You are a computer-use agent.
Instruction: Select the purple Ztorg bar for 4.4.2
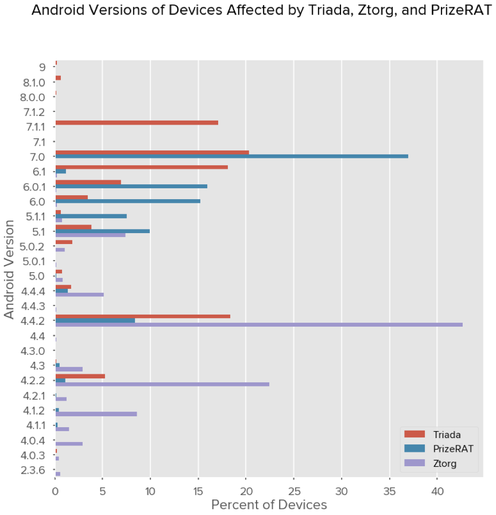pos(259,325)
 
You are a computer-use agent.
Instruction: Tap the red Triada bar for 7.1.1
pos(137,122)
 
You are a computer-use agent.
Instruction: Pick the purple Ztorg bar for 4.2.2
pos(162,384)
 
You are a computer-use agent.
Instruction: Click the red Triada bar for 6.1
pos(142,167)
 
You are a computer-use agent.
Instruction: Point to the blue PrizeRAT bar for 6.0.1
pos(131,186)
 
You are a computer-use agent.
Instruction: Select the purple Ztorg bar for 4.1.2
pos(96,414)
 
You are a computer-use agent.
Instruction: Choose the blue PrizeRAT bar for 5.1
pos(103,231)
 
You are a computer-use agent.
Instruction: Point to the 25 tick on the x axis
pos(293,491)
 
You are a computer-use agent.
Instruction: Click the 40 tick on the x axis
pos(437,491)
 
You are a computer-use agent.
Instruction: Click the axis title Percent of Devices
pos(269,505)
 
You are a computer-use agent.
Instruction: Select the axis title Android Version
pos(9,271)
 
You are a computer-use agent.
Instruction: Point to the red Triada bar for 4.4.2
pos(143,316)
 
